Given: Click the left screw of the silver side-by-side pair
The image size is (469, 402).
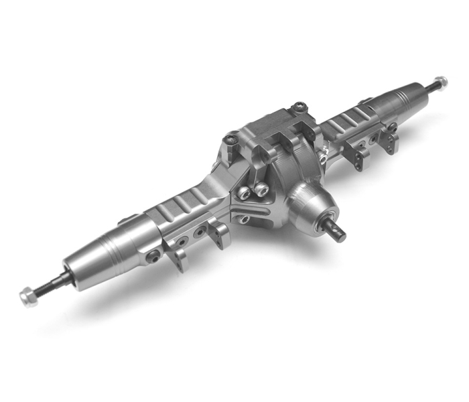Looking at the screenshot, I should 245,194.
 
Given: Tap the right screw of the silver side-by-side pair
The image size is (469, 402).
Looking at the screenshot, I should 258,188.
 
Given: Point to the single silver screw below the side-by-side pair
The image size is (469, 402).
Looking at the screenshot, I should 246,218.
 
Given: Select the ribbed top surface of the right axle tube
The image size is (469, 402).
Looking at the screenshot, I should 348,124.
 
